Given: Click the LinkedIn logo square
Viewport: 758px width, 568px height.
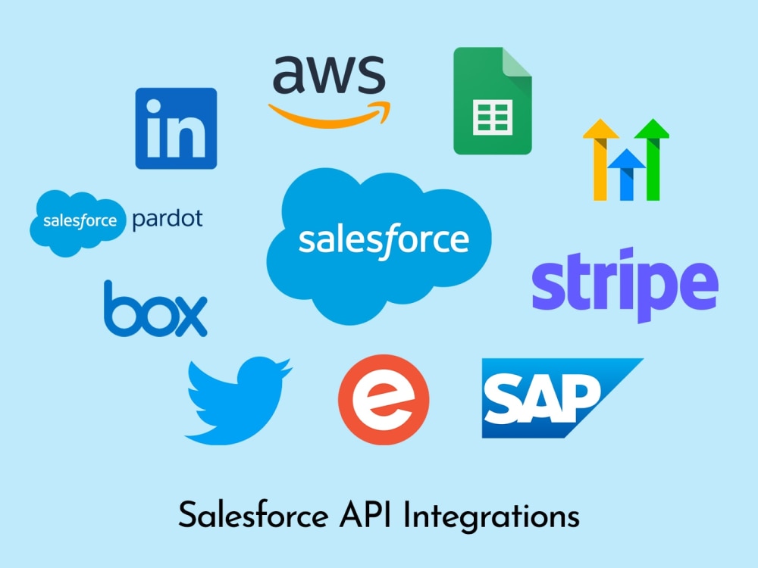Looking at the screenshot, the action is coord(176,129).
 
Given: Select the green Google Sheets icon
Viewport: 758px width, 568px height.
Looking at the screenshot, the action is coord(492,101).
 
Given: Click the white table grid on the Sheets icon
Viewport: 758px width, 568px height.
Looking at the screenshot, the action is coord(493,117).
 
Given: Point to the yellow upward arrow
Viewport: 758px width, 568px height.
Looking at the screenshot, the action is coord(600,159).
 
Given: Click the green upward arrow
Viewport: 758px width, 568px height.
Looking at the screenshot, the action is coord(653,159).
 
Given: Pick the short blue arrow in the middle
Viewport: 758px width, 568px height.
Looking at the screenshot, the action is coord(626,175).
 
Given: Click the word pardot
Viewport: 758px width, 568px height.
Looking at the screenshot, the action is coord(168,220).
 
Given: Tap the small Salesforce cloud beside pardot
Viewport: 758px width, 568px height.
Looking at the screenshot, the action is coord(78,223).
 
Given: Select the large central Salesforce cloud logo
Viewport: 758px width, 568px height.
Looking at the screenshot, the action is coord(379,245).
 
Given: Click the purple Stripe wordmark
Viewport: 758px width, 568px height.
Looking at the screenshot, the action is coord(625,284).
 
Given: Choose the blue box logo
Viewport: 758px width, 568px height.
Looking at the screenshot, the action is coord(155,309).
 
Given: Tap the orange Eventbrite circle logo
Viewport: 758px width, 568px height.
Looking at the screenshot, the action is coord(384,400).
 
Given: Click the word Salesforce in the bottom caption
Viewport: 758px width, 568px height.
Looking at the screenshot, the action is coord(253,515).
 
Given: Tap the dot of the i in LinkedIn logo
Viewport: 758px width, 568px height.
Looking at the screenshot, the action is coord(154,106).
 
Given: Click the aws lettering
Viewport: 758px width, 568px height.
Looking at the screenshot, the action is coord(329,74).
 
